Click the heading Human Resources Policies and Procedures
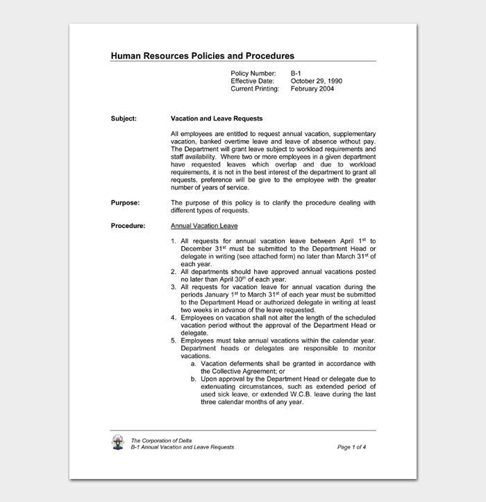click(x=202, y=56)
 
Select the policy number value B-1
click(x=295, y=73)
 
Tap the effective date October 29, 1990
click(x=316, y=81)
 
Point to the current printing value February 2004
click(x=312, y=89)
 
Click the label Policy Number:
click(x=253, y=73)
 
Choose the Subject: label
click(x=124, y=119)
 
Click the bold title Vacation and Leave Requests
click(x=217, y=119)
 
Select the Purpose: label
click(x=125, y=202)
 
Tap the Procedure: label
click(x=128, y=226)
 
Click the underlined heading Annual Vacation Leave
click(x=204, y=226)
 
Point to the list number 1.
click(x=174, y=241)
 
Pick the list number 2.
click(x=174, y=272)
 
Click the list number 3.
click(x=174, y=287)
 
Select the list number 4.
click(x=174, y=318)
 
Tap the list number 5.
click(x=174, y=340)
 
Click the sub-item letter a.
click(x=193, y=363)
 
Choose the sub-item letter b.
click(x=193, y=379)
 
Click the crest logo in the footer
click(x=118, y=443)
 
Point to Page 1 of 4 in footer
click(x=351, y=447)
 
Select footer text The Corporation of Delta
click(x=162, y=440)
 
